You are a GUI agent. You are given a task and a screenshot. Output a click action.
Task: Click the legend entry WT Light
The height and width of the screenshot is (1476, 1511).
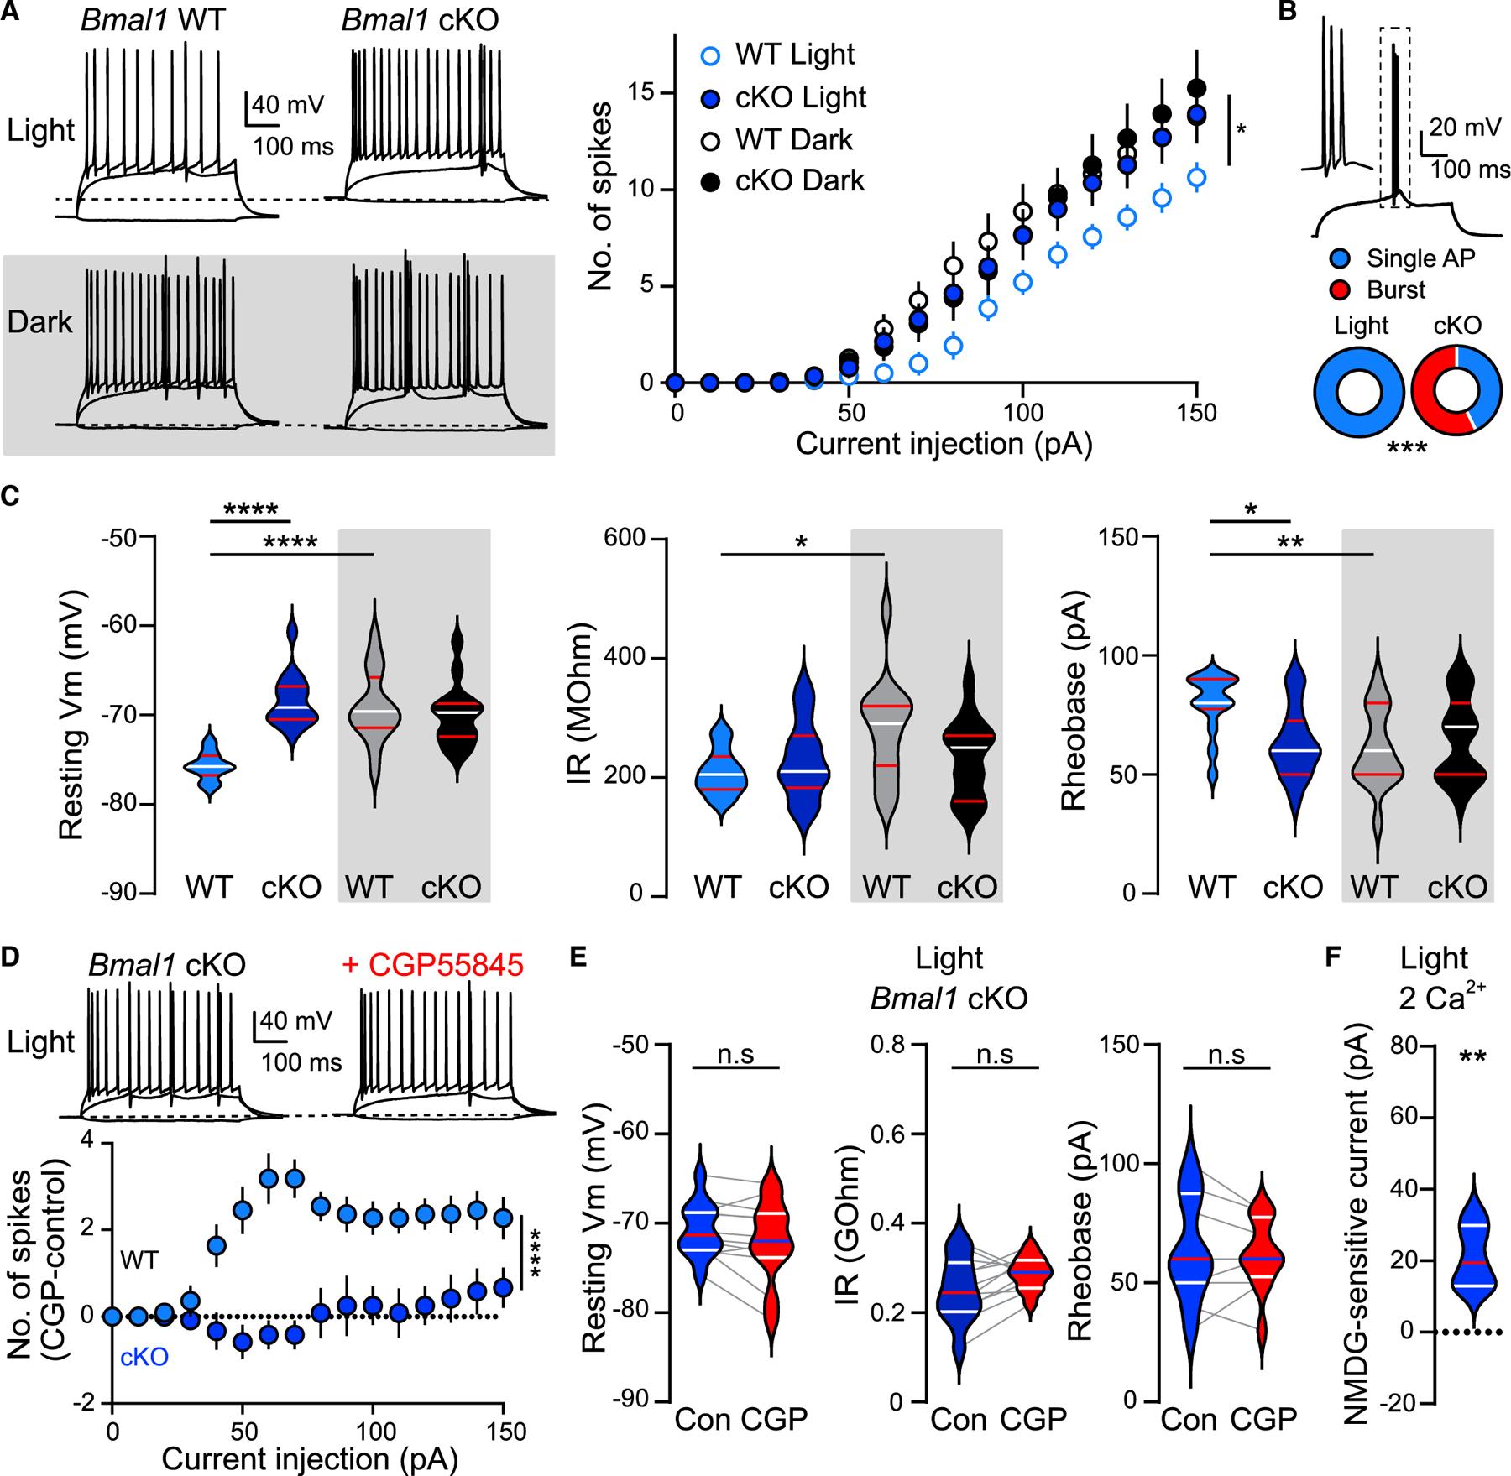pos(792,55)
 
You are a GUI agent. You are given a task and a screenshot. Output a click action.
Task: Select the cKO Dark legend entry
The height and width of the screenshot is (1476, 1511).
pos(798,180)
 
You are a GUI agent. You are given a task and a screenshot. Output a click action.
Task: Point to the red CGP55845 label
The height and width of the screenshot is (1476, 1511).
pos(433,965)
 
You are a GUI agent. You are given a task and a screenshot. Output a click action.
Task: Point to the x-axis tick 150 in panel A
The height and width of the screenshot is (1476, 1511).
pos(1196,413)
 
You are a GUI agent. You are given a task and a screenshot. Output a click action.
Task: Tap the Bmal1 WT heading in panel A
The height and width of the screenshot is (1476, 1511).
pos(153,19)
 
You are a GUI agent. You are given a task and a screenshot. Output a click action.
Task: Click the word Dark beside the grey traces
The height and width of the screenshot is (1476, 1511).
pos(40,323)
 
